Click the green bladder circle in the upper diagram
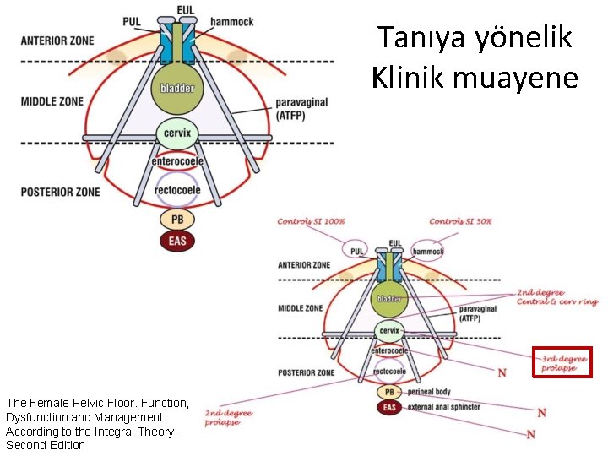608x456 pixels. tap(176, 88)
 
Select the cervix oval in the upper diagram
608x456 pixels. tap(176, 133)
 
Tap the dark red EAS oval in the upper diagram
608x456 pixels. tap(176, 241)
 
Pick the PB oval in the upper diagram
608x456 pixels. tap(177, 220)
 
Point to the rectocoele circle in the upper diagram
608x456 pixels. tap(177, 189)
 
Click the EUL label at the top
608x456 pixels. tap(185, 9)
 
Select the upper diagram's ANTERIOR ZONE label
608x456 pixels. tap(57, 41)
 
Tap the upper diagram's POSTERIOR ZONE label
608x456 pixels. tap(60, 192)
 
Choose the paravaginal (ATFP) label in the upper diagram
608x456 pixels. tap(301, 109)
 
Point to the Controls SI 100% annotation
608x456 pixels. tap(311, 222)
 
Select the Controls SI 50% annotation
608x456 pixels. tap(460, 222)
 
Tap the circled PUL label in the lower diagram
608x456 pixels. tap(356, 251)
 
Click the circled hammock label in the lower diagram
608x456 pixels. tap(428, 251)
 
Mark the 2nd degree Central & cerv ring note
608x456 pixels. tap(556, 297)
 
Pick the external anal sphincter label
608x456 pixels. tap(443, 407)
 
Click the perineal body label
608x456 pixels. tap(429, 392)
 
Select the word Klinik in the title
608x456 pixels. tap(409, 78)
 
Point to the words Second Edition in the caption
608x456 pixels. tap(46, 445)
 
